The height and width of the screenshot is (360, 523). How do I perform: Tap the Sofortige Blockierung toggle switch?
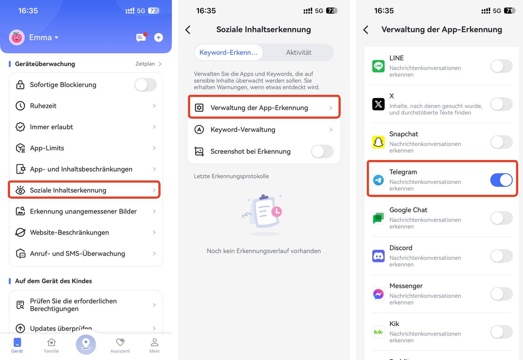145,85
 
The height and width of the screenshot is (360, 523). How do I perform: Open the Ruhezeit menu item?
43,106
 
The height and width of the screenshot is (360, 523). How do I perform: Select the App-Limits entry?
47,148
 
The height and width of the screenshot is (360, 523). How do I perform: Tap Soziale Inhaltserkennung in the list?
68,190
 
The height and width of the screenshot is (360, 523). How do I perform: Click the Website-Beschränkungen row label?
69,232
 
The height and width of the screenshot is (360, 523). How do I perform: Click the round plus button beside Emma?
159,37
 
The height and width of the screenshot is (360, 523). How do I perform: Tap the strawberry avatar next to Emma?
17,37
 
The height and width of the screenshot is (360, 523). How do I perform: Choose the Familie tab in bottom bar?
51,345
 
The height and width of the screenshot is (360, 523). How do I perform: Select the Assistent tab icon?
120,343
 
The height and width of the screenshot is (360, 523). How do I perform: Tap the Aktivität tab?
298,53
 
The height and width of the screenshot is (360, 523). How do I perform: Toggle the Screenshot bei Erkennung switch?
322,151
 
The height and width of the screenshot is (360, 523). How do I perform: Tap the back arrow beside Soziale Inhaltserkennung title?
188,30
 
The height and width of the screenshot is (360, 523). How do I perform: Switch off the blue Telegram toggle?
501,180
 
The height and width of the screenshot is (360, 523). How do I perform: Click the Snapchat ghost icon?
379,142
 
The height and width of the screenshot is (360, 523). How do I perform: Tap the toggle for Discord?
501,256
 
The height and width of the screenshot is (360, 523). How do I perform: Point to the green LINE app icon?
379,66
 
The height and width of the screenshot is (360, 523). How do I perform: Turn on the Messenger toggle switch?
501,294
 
